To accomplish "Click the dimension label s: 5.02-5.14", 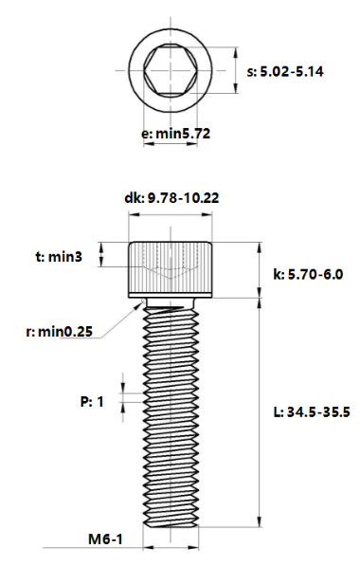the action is click(284, 71).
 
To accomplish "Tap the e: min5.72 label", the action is click(175, 134).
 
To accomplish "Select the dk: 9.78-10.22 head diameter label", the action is click(171, 198).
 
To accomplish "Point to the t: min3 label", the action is click(59, 257).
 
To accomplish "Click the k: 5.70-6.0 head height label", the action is click(308, 274).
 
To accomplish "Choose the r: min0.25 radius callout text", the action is click(59, 331).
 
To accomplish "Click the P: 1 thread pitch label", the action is click(92, 401).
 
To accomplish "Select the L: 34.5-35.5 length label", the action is click(312, 411).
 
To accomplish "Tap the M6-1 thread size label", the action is click(105, 539).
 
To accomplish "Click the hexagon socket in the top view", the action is click(171, 70).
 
